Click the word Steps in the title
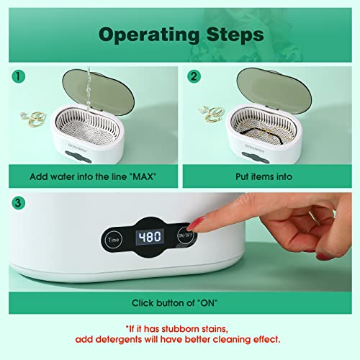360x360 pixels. (x=231, y=35)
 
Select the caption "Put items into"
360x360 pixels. (x=269, y=175)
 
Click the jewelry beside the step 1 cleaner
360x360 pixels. (x=27, y=114)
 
